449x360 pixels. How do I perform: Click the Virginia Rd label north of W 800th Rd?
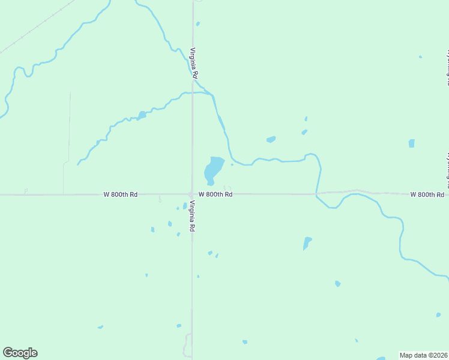(194, 63)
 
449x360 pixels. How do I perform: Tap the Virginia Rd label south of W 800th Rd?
(191, 216)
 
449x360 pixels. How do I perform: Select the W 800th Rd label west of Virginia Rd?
(121, 194)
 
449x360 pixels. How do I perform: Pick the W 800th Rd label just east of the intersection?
(215, 194)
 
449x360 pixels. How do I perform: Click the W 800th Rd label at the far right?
(427, 194)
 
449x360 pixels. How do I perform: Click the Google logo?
(20, 353)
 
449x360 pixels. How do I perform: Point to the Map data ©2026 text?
(423, 355)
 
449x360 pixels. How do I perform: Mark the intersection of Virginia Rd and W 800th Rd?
(192, 194)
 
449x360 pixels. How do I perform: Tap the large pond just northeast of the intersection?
(213, 169)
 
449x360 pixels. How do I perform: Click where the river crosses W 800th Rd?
(317, 194)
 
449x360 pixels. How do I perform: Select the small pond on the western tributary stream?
(142, 115)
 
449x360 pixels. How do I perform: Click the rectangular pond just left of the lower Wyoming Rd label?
(411, 143)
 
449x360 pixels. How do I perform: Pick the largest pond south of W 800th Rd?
(307, 242)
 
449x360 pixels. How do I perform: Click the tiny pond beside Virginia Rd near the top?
(197, 24)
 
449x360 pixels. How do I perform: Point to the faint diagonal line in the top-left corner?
(36, 27)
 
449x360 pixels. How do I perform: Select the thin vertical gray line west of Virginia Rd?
(69, 126)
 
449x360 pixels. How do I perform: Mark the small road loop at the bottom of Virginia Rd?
(187, 345)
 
